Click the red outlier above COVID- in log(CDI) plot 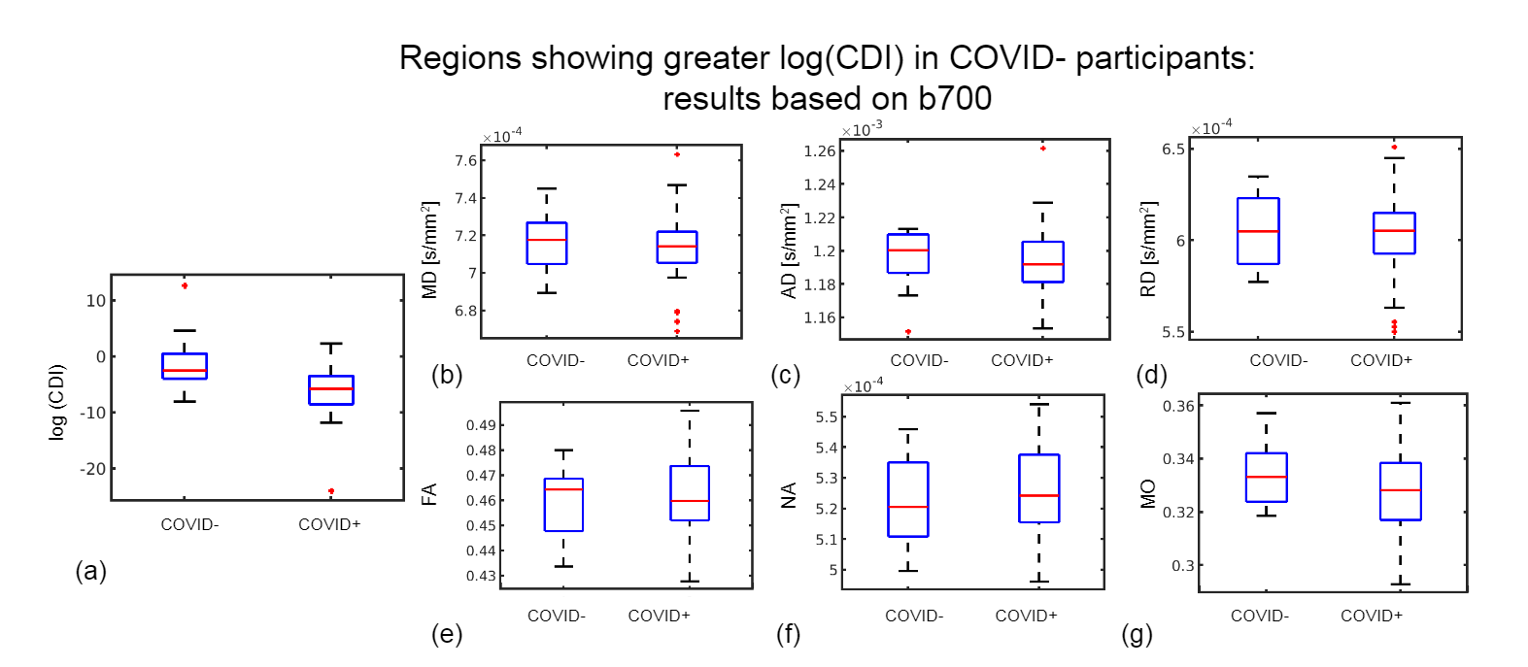click(x=185, y=285)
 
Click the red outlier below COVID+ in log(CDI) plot click(x=331, y=491)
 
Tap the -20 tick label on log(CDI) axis click(x=92, y=469)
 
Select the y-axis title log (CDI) click(x=57, y=402)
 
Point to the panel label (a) click(x=90, y=571)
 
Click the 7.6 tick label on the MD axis click(x=465, y=161)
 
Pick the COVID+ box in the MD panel click(x=677, y=247)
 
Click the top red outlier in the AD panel click(x=1043, y=149)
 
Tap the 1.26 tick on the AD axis click(x=819, y=150)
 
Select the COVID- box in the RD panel click(x=1258, y=231)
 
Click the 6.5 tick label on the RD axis click(x=1173, y=150)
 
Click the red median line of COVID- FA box click(x=563, y=489)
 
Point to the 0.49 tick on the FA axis click(x=481, y=425)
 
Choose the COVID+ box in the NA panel click(x=1038, y=488)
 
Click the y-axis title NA click(x=789, y=495)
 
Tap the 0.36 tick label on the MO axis click(x=1179, y=406)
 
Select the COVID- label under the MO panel click(x=1259, y=616)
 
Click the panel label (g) click(x=1137, y=635)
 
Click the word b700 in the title click(x=954, y=99)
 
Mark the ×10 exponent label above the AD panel click(x=862, y=130)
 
